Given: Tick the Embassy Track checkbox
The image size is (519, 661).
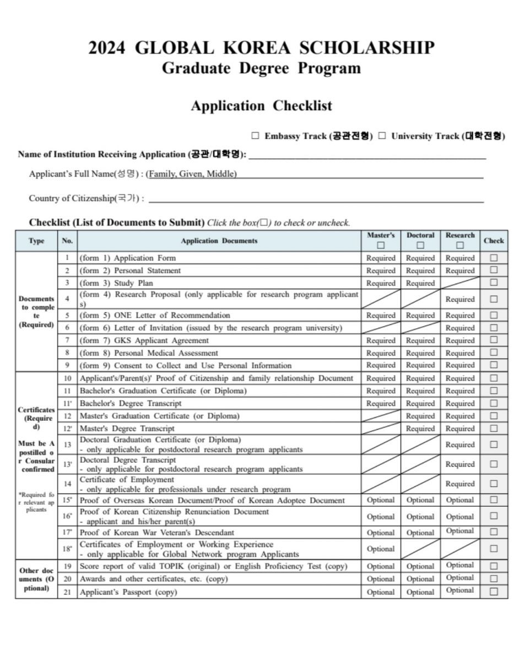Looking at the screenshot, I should coord(255,136).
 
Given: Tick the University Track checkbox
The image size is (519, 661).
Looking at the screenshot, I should coord(382,136).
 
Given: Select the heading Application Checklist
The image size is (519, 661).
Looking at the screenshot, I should coord(261,105).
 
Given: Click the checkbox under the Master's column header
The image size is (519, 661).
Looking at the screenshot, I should coord(381,246).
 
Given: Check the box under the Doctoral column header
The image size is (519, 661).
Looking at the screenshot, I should coord(420,246).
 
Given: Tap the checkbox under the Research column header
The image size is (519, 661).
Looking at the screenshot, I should coord(460,246).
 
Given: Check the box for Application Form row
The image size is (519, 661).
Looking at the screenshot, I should coord(494,258).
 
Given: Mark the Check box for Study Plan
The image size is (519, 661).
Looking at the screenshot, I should coord(494,283).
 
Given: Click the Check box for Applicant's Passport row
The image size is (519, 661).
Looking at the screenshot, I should coord(494,592).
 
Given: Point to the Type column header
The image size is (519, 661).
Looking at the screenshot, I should coord(36,241).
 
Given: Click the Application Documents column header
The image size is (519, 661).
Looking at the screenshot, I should coord(219,241).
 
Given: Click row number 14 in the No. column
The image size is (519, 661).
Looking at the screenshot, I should coord(67,484).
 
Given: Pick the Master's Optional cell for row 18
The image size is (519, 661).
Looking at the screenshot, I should coord(381,549).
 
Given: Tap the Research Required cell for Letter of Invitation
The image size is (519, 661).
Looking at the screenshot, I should coord(460,328).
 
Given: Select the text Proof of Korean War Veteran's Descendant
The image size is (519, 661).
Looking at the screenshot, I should coord(157,533).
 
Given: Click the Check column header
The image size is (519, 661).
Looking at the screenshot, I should coord(494,241).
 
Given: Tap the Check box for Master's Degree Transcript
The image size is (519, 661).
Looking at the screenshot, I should coord(494,428).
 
